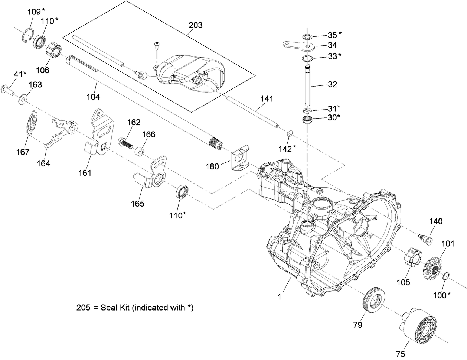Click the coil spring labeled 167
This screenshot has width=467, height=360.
coord(32,122)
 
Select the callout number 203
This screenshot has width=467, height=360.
coord(195,25)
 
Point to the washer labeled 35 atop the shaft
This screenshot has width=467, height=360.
coord(307,37)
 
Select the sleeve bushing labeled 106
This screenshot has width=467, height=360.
coord(54,50)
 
